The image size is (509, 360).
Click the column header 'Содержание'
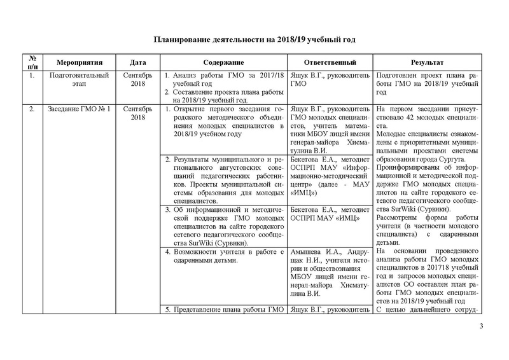(x=223, y=63)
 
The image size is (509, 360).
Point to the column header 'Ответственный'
(x=330, y=63)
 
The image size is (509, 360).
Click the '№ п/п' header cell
(x=32, y=63)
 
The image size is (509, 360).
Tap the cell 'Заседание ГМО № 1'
(x=80, y=109)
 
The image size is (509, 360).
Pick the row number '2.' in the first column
(x=32, y=109)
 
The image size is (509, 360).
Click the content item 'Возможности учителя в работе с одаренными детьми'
(x=223, y=256)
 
